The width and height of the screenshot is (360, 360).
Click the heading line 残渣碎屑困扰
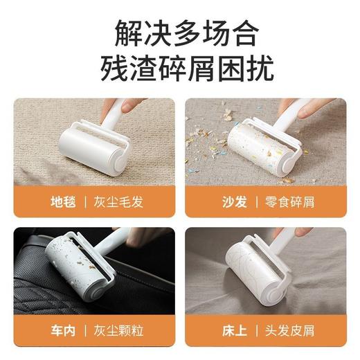point(180,69)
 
